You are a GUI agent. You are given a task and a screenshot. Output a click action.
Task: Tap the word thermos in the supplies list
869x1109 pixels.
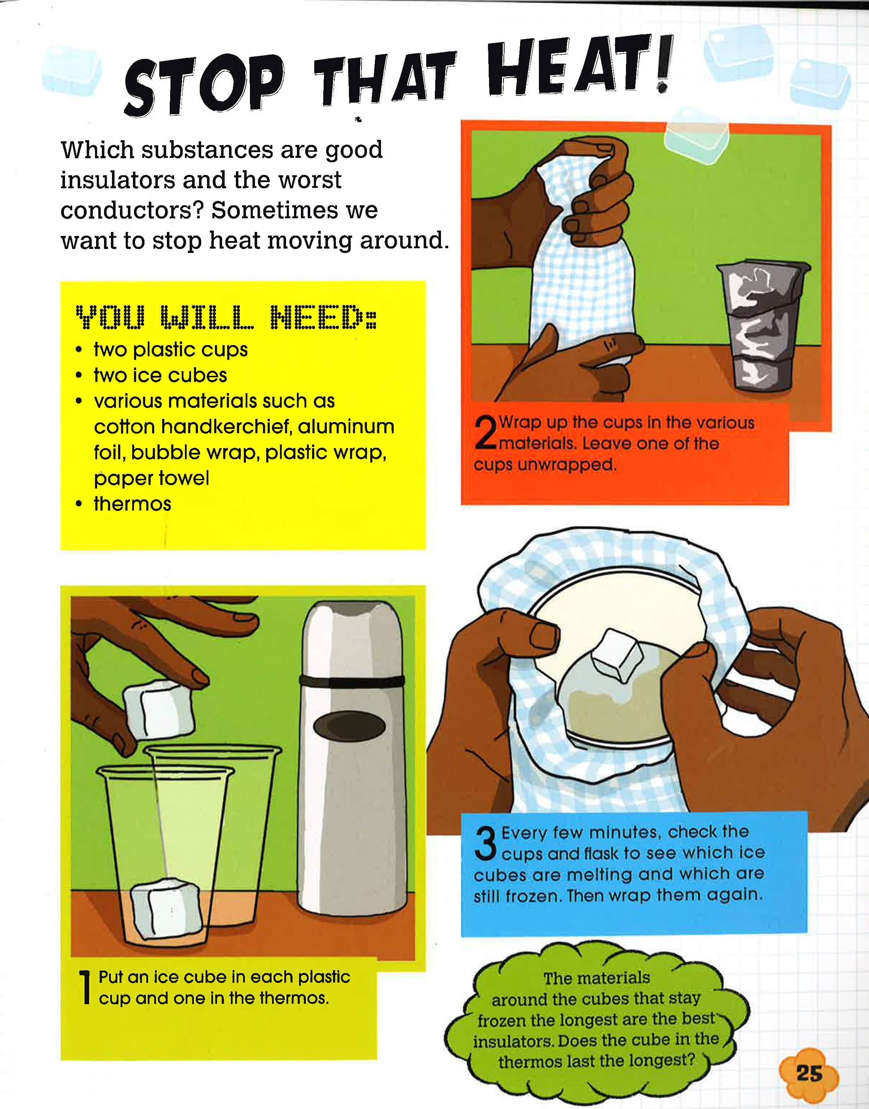[132, 504]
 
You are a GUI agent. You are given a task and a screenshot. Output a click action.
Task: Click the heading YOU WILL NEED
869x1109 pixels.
[226, 317]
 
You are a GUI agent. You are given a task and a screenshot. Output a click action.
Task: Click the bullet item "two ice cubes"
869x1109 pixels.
[160, 375]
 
